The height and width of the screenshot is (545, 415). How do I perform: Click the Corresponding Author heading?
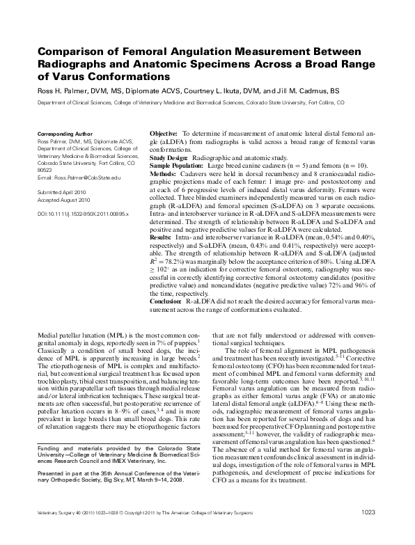[63, 133]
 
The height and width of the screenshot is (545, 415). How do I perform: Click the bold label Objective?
[164, 133]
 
